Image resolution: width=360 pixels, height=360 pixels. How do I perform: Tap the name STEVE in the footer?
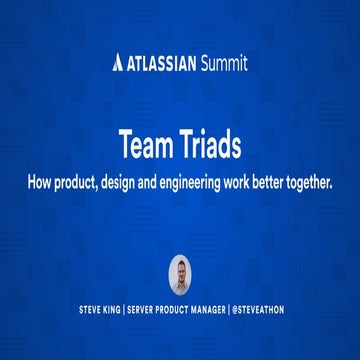[92, 311]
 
